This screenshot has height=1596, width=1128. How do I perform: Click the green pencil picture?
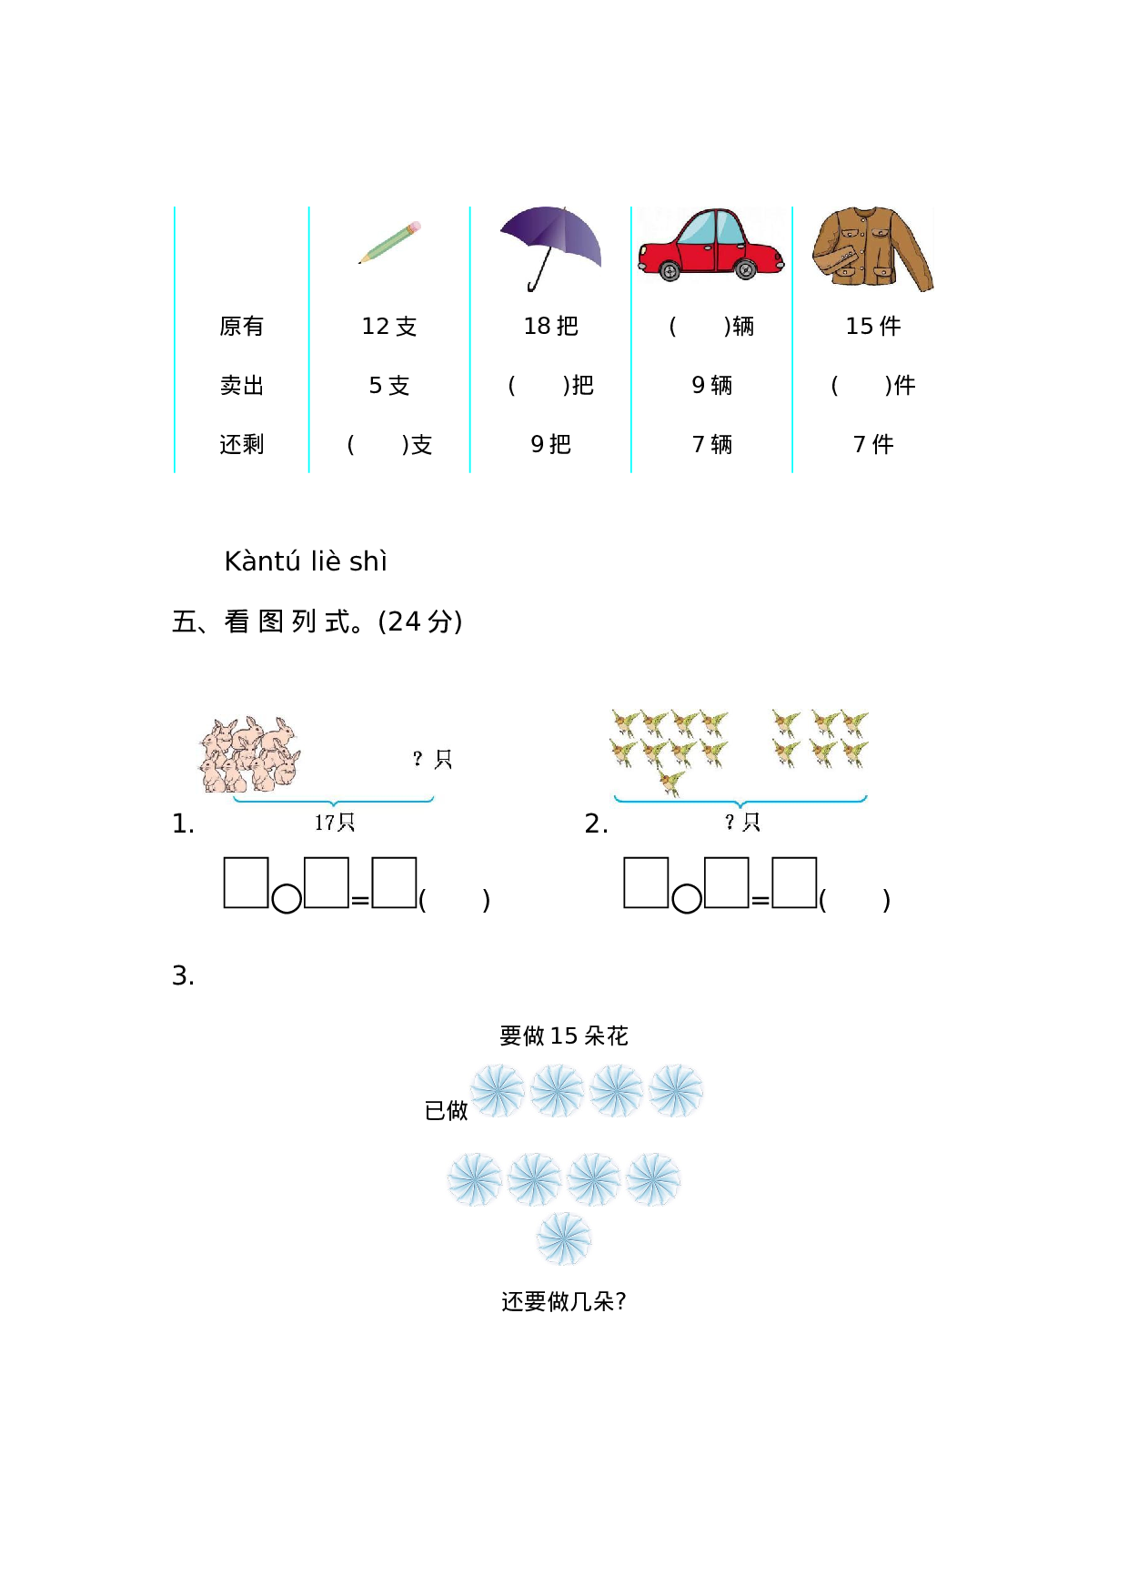coord(390,242)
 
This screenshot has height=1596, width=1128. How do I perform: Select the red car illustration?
coord(710,244)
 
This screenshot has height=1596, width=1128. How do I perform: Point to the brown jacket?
coord(871,248)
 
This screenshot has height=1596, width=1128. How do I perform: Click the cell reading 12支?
coord(389,327)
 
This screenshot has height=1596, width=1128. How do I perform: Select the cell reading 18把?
coord(551,327)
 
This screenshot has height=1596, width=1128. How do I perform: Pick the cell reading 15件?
coord(873,327)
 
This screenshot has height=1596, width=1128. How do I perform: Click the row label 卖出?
coord(242,386)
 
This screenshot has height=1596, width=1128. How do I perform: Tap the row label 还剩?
coord(242,445)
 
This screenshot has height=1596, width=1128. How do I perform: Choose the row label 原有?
coord(242,327)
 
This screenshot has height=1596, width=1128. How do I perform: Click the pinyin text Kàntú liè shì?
coord(306,561)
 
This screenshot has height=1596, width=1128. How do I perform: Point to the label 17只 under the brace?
coord(335,823)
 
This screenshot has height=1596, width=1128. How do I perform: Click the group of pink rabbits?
coord(249,755)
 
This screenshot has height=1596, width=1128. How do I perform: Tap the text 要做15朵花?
coord(564,1036)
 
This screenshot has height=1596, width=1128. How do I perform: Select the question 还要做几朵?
coord(564,1302)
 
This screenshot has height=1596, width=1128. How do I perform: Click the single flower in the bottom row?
coord(563,1238)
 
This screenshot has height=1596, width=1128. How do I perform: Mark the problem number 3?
coord(183,976)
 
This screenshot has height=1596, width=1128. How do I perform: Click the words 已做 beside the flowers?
coord(447,1111)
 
